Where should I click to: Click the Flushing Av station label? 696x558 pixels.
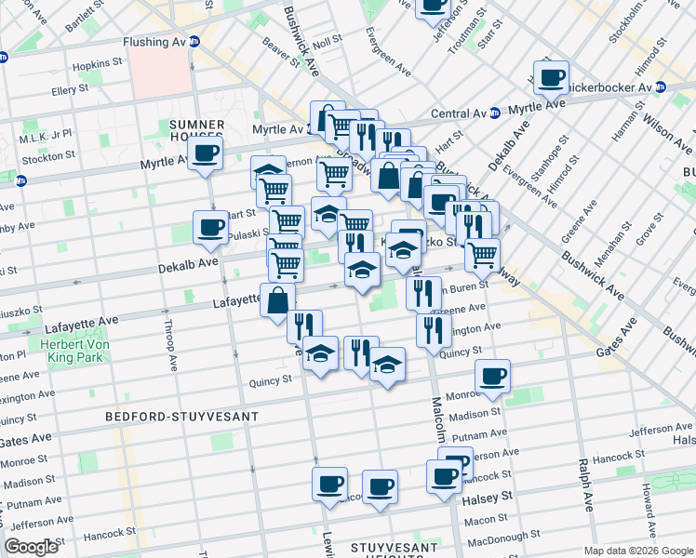coord(154,42)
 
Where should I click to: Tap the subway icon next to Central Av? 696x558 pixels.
coord(494,113)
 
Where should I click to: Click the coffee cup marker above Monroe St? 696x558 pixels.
coord(492,377)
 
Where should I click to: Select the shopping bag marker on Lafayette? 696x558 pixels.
coord(278,300)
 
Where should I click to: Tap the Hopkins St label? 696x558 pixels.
coord(98,64)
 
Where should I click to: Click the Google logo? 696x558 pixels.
coord(32,547)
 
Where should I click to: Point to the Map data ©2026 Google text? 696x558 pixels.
coord(636,551)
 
